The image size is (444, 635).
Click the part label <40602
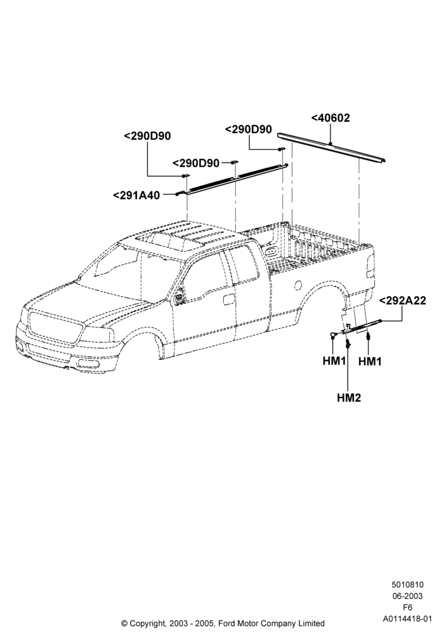330,118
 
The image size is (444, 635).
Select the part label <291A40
136,195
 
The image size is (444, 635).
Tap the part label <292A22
402,300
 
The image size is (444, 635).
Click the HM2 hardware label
349,398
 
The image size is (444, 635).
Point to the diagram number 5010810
407,584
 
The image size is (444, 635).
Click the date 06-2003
407,596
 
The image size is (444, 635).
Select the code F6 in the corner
407,607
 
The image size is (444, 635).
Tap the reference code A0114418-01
408,618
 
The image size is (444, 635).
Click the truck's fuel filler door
298,285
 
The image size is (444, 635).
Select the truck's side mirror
178,297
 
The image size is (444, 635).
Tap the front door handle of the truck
228,300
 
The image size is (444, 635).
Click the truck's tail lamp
370,267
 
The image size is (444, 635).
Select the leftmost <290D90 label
147,136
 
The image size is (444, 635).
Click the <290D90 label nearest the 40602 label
248,129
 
